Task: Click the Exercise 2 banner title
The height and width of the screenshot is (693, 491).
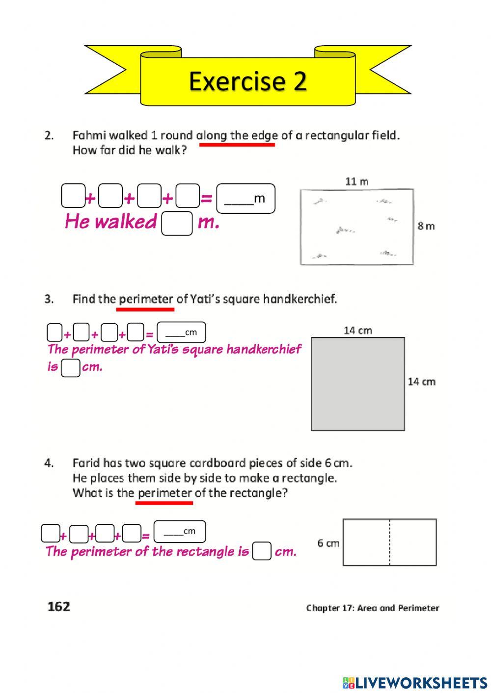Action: click(247, 80)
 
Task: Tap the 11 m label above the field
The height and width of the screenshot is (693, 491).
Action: click(356, 181)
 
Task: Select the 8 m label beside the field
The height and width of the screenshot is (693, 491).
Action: click(426, 226)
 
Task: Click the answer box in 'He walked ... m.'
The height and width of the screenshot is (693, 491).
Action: click(177, 224)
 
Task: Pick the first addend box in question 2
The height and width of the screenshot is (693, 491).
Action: click(73, 196)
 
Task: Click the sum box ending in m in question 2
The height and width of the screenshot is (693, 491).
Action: click(245, 198)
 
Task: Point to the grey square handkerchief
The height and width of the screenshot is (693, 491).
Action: click(357, 384)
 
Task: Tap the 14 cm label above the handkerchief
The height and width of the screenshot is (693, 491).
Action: click(357, 331)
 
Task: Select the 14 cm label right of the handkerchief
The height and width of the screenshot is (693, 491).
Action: click(421, 382)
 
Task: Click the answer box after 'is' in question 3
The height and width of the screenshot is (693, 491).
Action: click(70, 368)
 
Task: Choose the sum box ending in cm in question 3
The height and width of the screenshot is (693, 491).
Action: click(181, 332)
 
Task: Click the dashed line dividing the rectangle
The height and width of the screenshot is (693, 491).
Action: click(389, 542)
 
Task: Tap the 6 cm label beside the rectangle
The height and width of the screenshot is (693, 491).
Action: click(328, 543)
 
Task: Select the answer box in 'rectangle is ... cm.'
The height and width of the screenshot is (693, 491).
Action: click(262, 551)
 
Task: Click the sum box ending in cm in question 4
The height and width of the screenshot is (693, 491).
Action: click(180, 532)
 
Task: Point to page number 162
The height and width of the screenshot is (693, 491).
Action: click(59, 607)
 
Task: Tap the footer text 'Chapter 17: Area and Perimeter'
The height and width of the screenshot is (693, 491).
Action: click(372, 608)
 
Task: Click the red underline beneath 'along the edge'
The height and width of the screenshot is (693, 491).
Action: click(237, 145)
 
